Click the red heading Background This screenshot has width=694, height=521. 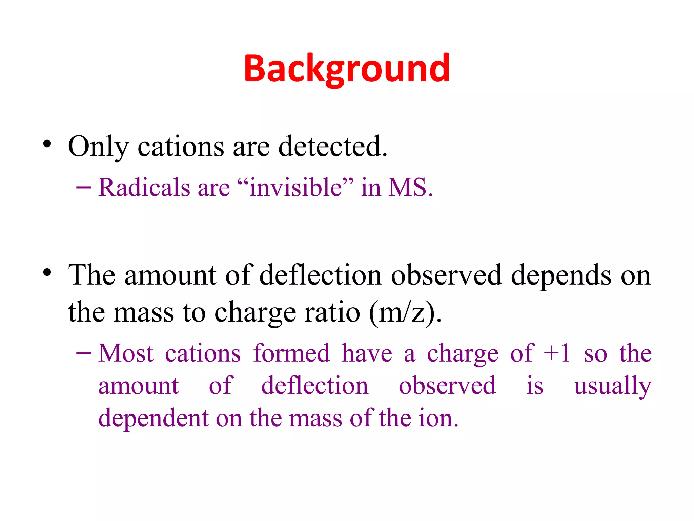click(x=346, y=69)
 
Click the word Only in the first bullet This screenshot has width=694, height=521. click(x=98, y=147)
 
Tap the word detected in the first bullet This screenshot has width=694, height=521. click(x=332, y=147)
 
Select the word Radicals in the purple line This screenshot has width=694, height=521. click(x=144, y=187)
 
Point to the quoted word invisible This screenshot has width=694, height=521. click(x=295, y=187)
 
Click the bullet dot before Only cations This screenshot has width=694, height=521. click(x=47, y=144)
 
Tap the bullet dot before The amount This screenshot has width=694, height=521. click(x=47, y=272)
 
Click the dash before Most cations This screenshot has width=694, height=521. click(x=84, y=353)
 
